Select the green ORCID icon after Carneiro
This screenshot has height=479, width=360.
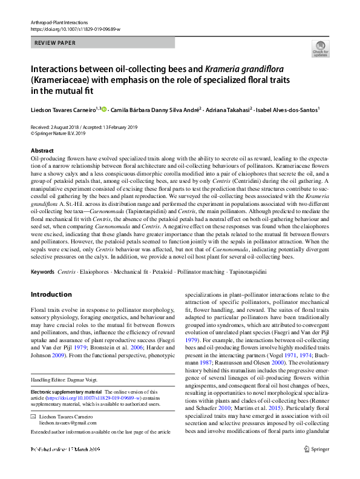(104, 110)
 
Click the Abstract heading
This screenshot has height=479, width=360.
(42, 150)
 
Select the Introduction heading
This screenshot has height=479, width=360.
(51, 294)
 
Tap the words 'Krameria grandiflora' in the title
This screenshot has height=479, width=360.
(241, 68)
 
